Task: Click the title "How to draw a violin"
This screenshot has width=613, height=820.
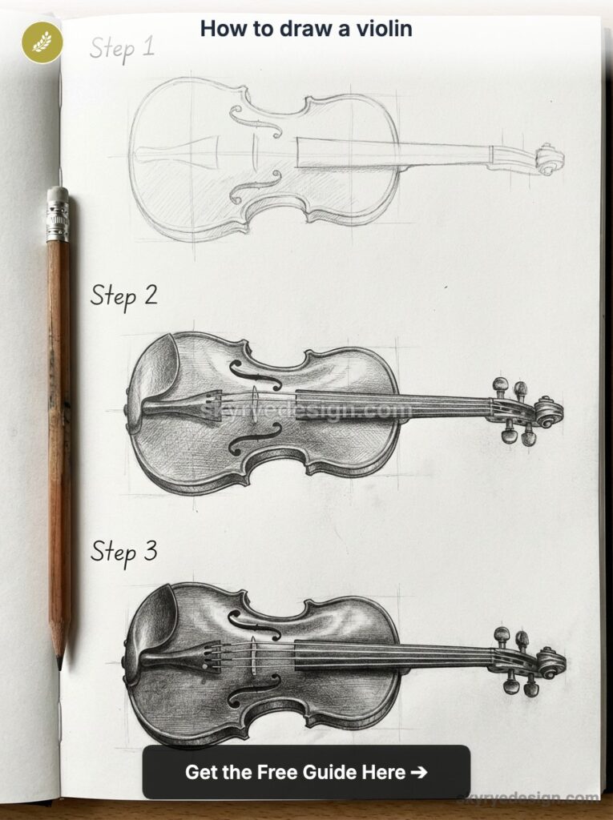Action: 306,29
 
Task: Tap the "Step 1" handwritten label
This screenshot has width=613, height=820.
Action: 122,48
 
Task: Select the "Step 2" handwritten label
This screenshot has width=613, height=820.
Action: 123,295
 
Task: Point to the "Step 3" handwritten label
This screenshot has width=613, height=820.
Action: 123,551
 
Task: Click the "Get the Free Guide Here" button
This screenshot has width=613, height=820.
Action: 306,772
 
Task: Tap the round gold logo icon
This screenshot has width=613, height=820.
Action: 42,42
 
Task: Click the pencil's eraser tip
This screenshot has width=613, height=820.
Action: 58,195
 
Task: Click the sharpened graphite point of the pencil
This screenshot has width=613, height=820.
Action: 59,664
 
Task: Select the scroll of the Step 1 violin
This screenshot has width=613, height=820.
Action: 549,159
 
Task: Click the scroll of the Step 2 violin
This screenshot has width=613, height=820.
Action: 549,412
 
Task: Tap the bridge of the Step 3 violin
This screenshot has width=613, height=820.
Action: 251,653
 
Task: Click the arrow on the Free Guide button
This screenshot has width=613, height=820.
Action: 417,772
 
